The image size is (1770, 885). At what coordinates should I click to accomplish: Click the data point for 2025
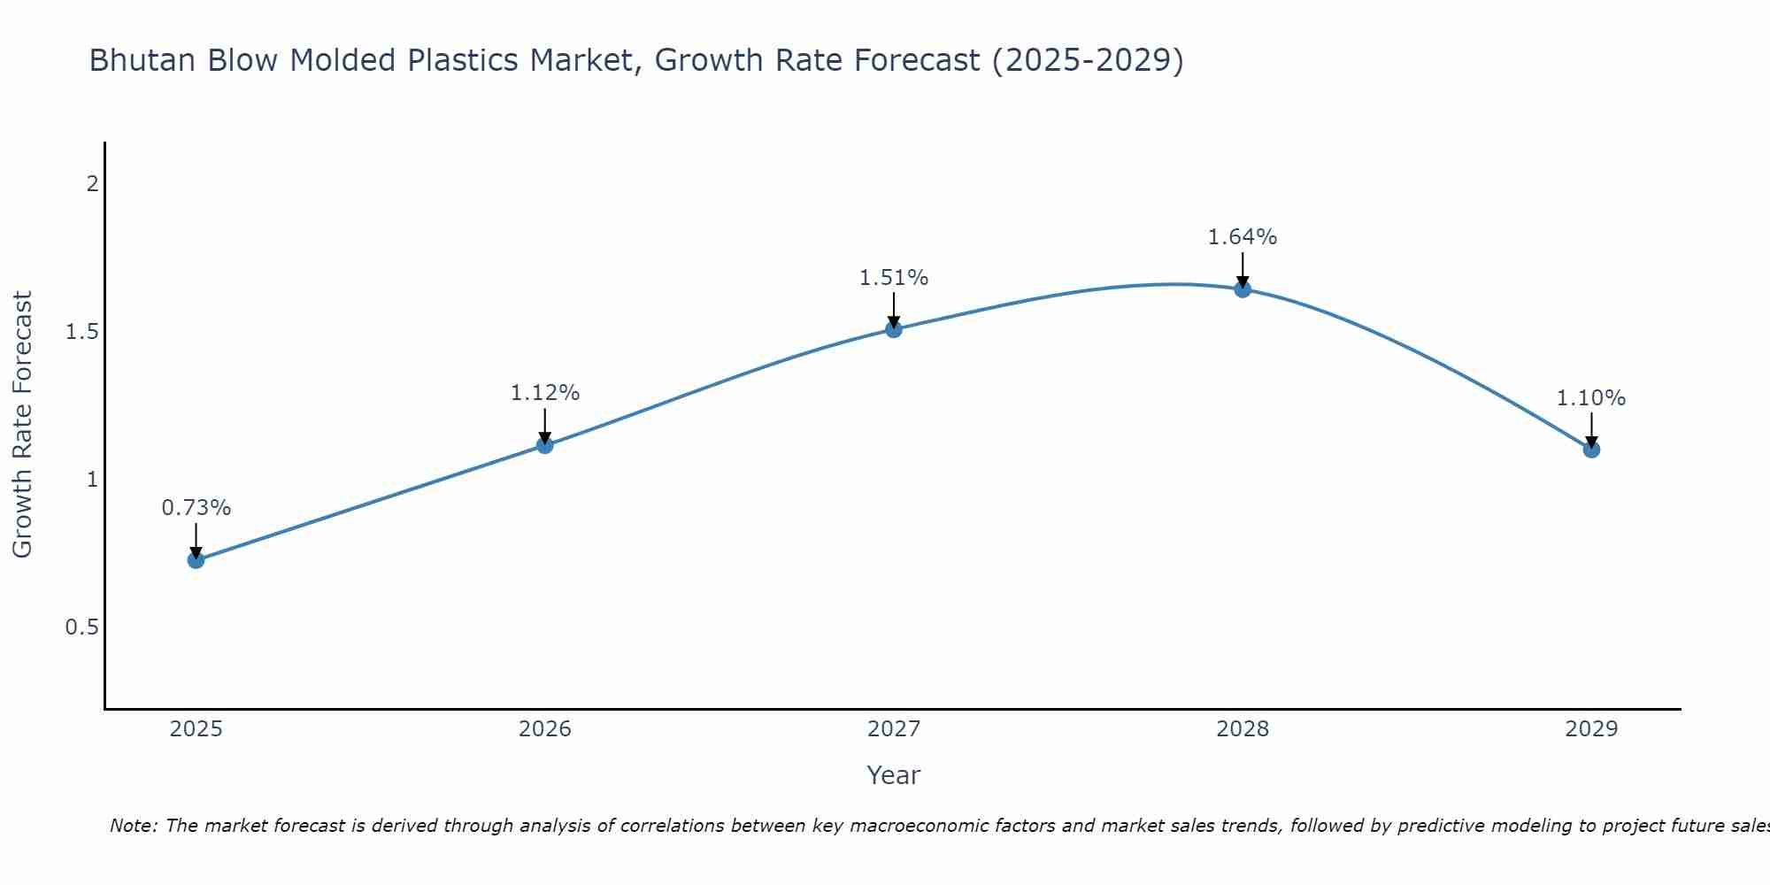click(x=196, y=559)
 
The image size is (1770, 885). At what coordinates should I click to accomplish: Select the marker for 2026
click(x=545, y=444)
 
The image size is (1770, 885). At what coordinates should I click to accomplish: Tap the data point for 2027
click(x=894, y=329)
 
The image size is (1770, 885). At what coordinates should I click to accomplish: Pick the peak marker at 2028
click(x=1243, y=289)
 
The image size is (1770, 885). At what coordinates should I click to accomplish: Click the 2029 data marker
click(x=1591, y=450)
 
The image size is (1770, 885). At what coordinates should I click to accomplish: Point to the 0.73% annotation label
click(x=196, y=508)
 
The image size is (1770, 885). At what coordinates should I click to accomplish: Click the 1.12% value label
click(x=545, y=393)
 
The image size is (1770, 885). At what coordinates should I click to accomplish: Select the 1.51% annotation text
click(x=894, y=278)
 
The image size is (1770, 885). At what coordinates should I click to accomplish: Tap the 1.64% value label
click(x=1243, y=237)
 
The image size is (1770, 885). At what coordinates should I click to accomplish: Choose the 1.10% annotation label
click(x=1591, y=398)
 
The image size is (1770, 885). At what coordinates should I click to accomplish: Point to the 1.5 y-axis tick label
click(x=81, y=332)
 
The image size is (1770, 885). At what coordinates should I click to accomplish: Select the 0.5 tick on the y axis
click(x=81, y=627)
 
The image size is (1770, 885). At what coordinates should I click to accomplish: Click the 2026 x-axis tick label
click(x=545, y=729)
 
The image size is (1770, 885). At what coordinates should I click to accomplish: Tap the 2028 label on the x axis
click(x=1243, y=729)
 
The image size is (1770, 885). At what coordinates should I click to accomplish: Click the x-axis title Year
click(x=894, y=775)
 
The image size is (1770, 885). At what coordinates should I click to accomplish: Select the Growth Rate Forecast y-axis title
click(x=22, y=425)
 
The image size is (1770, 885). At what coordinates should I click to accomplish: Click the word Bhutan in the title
click(x=143, y=60)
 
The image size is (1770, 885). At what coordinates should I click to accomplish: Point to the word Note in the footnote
click(x=132, y=826)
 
